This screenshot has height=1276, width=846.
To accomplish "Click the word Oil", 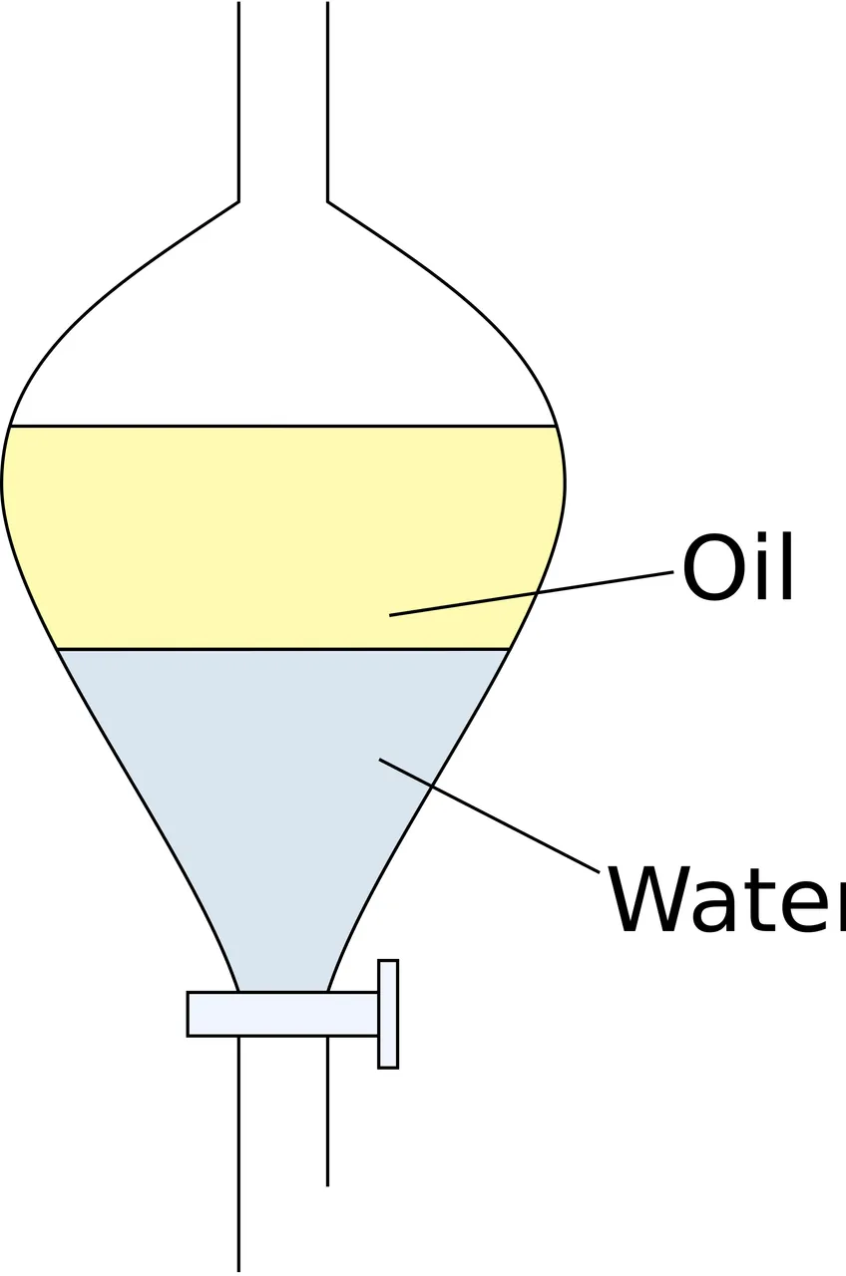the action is coord(737,567).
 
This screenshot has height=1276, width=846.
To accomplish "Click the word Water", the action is coord(728,900).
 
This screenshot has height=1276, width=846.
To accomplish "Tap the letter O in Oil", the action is coord(708,568).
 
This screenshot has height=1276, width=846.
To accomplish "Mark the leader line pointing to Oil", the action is coord(532,593).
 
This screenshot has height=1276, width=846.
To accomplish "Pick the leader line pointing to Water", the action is coord(490,815).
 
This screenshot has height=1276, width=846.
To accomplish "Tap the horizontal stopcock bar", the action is coord(282,1014).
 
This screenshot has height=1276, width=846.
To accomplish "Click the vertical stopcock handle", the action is coord(388,1014).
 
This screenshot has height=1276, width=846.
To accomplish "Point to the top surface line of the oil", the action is coord(283,426).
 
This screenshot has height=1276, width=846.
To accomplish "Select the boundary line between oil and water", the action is coord(283,649).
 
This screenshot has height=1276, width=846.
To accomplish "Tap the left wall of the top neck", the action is coord(238,102).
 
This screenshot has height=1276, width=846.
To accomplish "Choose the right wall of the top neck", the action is coord(328,102).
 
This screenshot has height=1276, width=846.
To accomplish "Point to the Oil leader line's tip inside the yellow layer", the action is coord(390,615).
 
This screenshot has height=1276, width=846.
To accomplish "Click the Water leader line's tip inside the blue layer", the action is coord(380,759).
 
